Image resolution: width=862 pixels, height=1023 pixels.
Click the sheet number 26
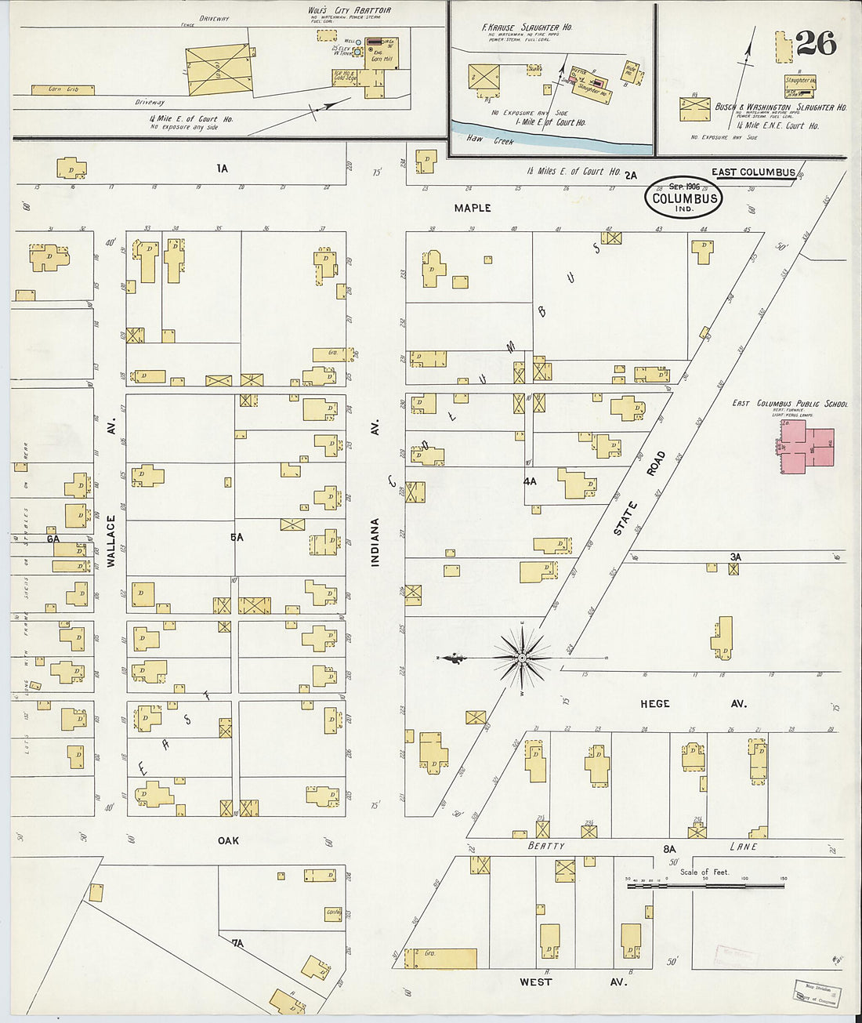click(816, 44)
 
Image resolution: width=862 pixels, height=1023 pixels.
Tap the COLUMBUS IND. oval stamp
click(684, 198)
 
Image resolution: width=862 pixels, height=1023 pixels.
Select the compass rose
click(522, 658)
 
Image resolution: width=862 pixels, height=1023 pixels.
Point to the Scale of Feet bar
click(705, 886)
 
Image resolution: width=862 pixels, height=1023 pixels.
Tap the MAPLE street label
click(473, 208)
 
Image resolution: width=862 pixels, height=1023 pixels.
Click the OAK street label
click(228, 840)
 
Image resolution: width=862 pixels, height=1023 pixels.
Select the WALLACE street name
click(111, 541)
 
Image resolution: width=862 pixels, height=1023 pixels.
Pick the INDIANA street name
click(375, 542)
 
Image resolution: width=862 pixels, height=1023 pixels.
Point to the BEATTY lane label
click(545, 846)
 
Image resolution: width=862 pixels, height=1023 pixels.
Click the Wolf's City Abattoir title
click(349, 10)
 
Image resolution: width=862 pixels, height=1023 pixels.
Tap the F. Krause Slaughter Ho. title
click(527, 27)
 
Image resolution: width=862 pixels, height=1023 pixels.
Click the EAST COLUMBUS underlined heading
click(753, 172)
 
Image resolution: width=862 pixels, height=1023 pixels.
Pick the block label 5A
click(237, 537)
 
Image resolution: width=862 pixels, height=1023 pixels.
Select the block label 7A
click(237, 943)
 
